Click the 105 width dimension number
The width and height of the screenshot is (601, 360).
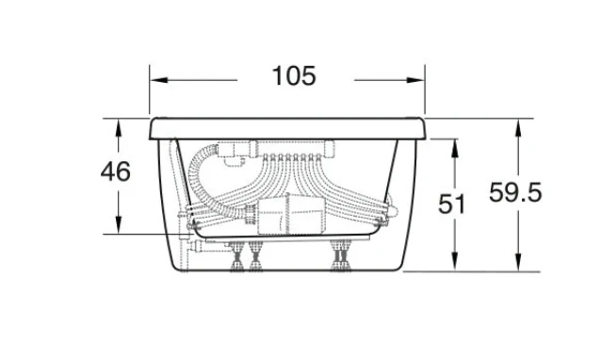294,76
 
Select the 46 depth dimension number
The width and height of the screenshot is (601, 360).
115,171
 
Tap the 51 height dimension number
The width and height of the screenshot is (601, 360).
451,204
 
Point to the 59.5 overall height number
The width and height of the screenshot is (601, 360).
515,192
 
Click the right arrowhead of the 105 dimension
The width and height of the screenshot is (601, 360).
415,80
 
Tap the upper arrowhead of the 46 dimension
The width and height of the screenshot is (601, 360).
118,127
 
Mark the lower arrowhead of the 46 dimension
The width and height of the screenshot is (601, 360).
118,225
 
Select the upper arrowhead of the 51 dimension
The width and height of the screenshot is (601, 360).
455,148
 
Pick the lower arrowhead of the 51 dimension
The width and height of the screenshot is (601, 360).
455,261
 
